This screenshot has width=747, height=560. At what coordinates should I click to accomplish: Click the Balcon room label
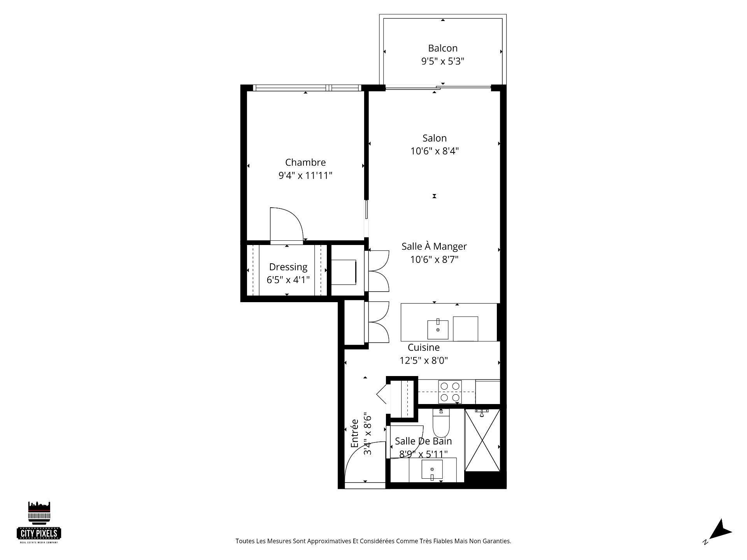pos(442,48)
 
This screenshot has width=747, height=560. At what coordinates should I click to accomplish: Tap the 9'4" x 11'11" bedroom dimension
pos(305,175)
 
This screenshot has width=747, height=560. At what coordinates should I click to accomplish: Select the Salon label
pos(434,138)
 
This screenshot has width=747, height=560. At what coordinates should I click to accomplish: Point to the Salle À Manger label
pos(434,246)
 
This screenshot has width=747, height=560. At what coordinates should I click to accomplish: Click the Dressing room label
pos(288,267)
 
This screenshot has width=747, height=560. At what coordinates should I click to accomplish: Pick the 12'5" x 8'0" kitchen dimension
pos(424,360)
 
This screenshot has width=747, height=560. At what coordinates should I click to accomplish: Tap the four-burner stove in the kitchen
pos(450,392)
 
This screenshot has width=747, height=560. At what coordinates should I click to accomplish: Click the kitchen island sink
pos(438,329)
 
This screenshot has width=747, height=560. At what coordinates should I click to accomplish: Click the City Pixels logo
pos(39,522)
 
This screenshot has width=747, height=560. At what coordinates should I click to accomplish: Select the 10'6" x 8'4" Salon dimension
pos(434,151)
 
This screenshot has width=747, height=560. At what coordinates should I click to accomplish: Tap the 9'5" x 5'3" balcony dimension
pos(442,61)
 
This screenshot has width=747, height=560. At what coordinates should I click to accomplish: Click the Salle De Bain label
pos(423,441)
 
